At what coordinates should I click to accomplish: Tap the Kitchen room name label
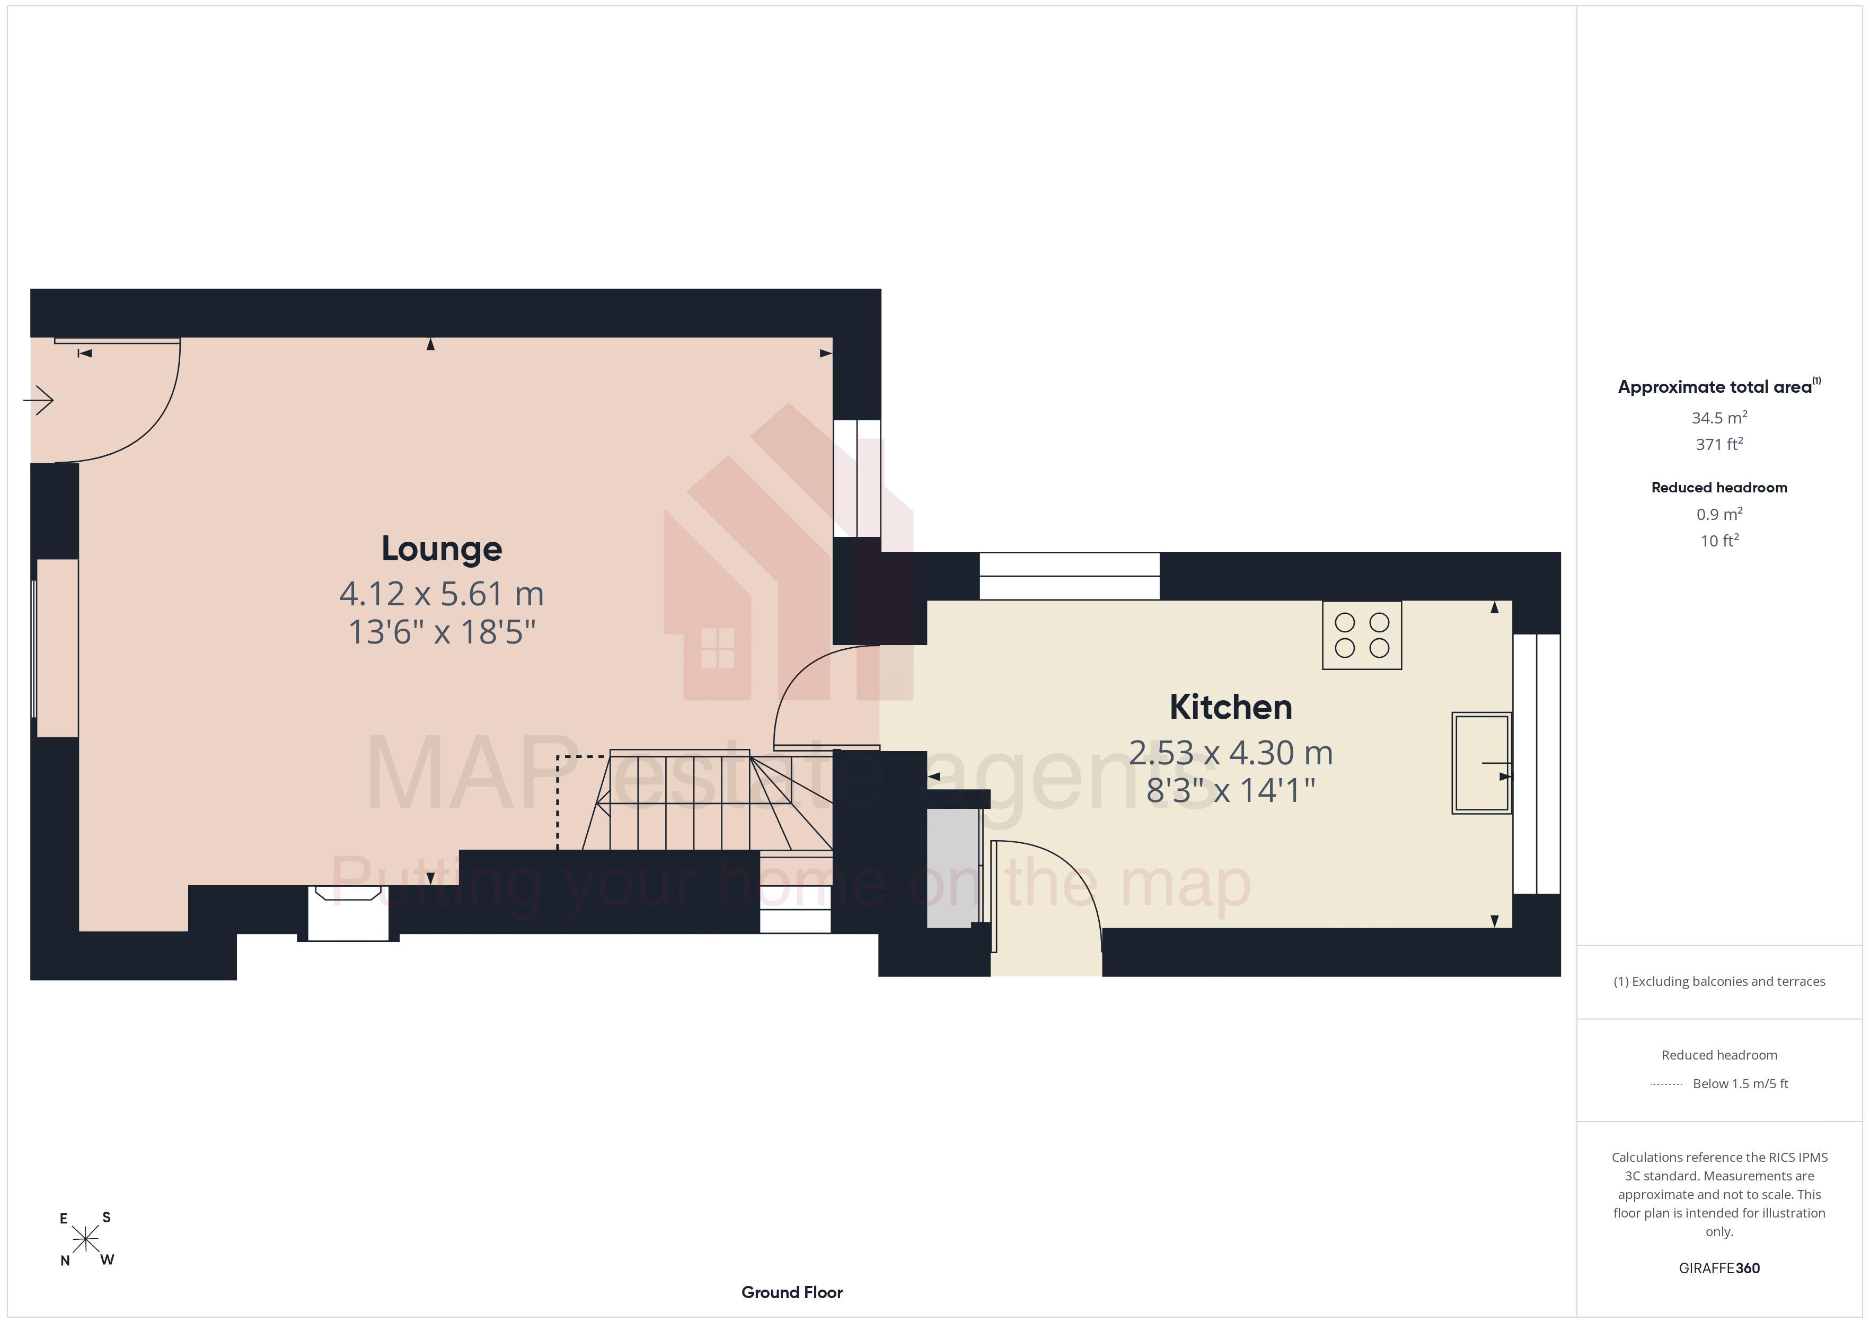pyautogui.click(x=1231, y=707)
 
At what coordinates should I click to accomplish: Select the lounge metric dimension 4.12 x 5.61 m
pyautogui.click(x=442, y=593)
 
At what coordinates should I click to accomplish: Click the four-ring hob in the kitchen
pyautogui.click(x=1362, y=636)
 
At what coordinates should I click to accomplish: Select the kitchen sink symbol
pyautogui.click(x=1481, y=763)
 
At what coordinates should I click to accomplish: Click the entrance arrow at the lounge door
pyautogui.click(x=38, y=400)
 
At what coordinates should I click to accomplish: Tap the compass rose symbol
pyautogui.click(x=85, y=1240)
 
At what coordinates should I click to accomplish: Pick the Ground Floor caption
pyautogui.click(x=792, y=1292)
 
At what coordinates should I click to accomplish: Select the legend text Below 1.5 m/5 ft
pyautogui.click(x=1741, y=1083)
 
